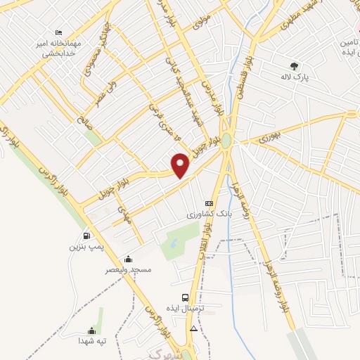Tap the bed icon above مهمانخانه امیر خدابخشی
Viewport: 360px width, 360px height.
[x=59, y=33]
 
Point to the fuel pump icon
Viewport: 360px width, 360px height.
[x=86, y=236]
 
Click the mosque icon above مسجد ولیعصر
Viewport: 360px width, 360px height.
[x=128, y=259]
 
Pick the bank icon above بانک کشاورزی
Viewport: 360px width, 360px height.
[x=208, y=202]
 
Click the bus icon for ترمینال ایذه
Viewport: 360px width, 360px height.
[x=185, y=297]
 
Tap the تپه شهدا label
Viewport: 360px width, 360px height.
[x=91, y=341]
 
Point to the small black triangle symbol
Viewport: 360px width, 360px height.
[x=193, y=328]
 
